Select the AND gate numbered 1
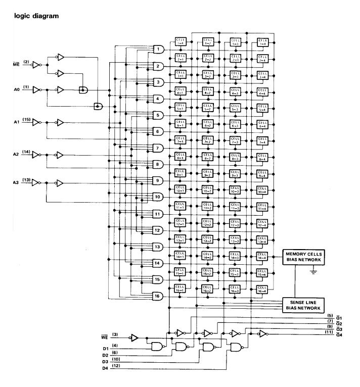[158, 50]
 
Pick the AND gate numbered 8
[158, 164]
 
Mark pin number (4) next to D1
[115, 346]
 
